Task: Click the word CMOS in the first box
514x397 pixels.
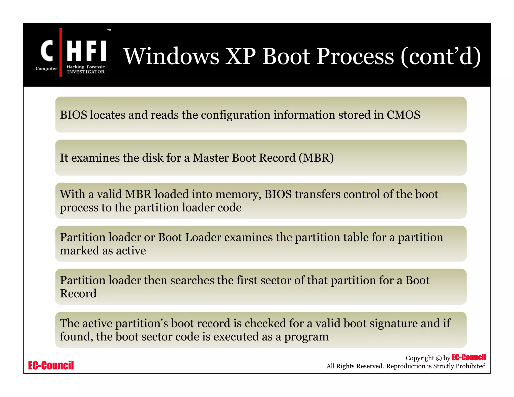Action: pyautogui.click(x=403, y=115)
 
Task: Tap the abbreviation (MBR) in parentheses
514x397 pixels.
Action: pyautogui.click(x=316, y=158)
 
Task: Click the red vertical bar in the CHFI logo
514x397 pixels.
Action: pyautogui.click(x=60, y=52)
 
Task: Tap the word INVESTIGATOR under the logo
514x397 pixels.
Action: pyautogui.click(x=86, y=72)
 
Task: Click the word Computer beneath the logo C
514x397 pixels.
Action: pyautogui.click(x=46, y=69)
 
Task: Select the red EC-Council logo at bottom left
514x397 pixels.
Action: pyautogui.click(x=51, y=365)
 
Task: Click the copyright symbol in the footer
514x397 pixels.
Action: pyautogui.click(x=438, y=358)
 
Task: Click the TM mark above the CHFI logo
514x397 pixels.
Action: pyautogui.click(x=109, y=30)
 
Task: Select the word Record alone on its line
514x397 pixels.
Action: pyautogui.click(x=78, y=294)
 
